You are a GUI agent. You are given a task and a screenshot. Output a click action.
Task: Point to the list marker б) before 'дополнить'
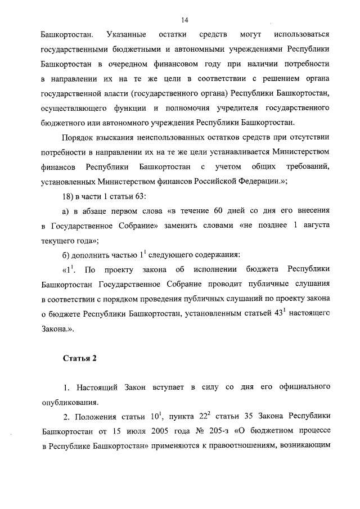pos(65,253)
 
